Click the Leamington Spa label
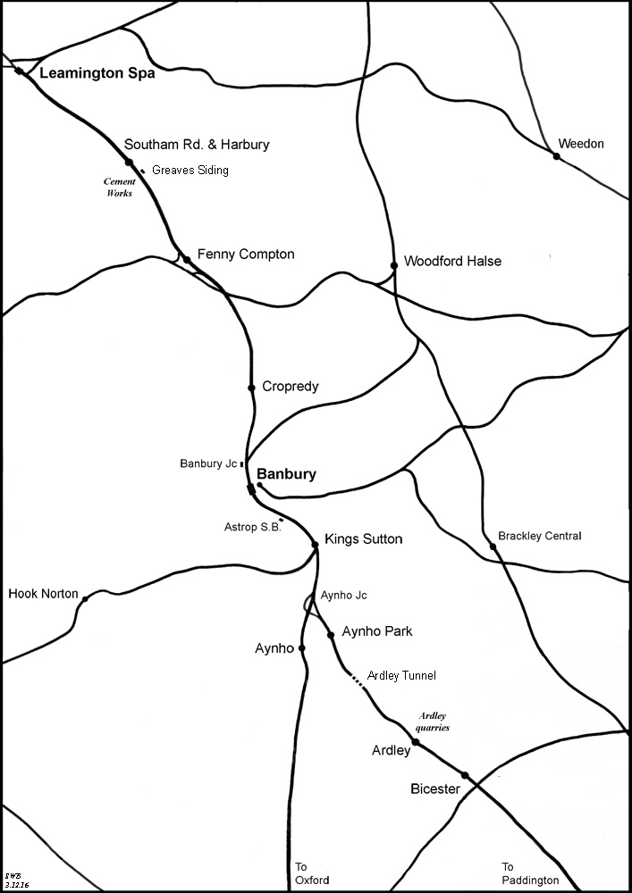pyautogui.click(x=97, y=74)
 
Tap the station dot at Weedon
pyautogui.click(x=556, y=156)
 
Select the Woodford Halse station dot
pyautogui.click(x=393, y=265)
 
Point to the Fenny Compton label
pyautogui.click(x=245, y=255)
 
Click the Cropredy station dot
pyautogui.click(x=251, y=388)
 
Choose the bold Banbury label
pyautogui.click(x=286, y=475)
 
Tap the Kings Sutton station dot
pyautogui.click(x=315, y=545)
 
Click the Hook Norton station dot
pyautogui.click(x=85, y=598)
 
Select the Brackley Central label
pyautogui.click(x=541, y=536)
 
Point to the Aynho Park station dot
pyautogui.click(x=331, y=635)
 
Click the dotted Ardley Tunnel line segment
pyautogui.click(x=358, y=683)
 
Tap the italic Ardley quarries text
pyautogui.click(x=434, y=722)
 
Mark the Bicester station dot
pyautogui.click(x=465, y=775)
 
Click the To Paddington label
pyautogui.click(x=530, y=873)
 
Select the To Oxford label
pyautogui.click(x=312, y=873)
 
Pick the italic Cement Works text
pyautogui.click(x=120, y=187)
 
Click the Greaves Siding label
pyautogui.click(x=190, y=170)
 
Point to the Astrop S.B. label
pyautogui.click(x=253, y=528)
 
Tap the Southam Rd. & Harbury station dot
pyautogui.click(x=129, y=163)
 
